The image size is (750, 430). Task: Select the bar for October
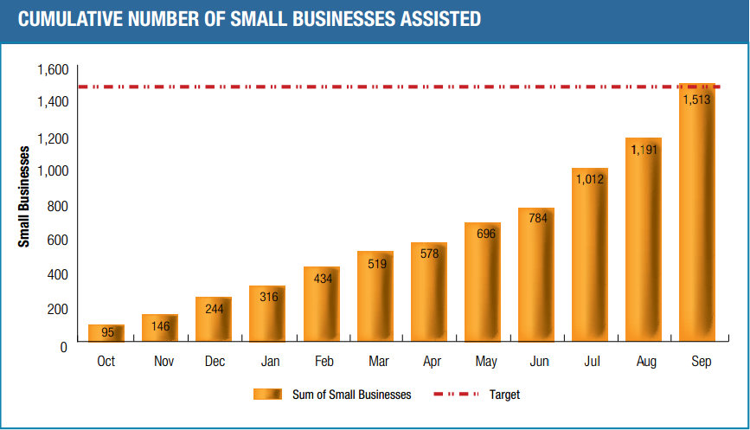[x=106, y=334]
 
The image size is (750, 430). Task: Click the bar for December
[x=214, y=320]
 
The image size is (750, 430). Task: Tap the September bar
[x=696, y=216]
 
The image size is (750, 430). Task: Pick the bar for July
[x=590, y=260]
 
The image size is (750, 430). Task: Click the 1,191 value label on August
[x=644, y=150]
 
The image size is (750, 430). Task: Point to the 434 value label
[x=323, y=279]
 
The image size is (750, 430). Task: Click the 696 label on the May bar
[x=484, y=234]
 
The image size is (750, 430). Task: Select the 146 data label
[x=160, y=327]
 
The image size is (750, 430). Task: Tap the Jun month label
[x=538, y=362]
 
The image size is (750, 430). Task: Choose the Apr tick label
[x=430, y=362]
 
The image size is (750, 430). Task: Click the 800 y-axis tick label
[x=57, y=206]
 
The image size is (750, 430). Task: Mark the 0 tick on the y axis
[x=63, y=346]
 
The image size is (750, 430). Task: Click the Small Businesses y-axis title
[x=24, y=196]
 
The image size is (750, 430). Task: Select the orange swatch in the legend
[x=267, y=395]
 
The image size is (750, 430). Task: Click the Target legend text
[x=504, y=395]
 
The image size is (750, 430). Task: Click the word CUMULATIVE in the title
[x=68, y=18]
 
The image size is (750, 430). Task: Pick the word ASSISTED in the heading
[x=438, y=18]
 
